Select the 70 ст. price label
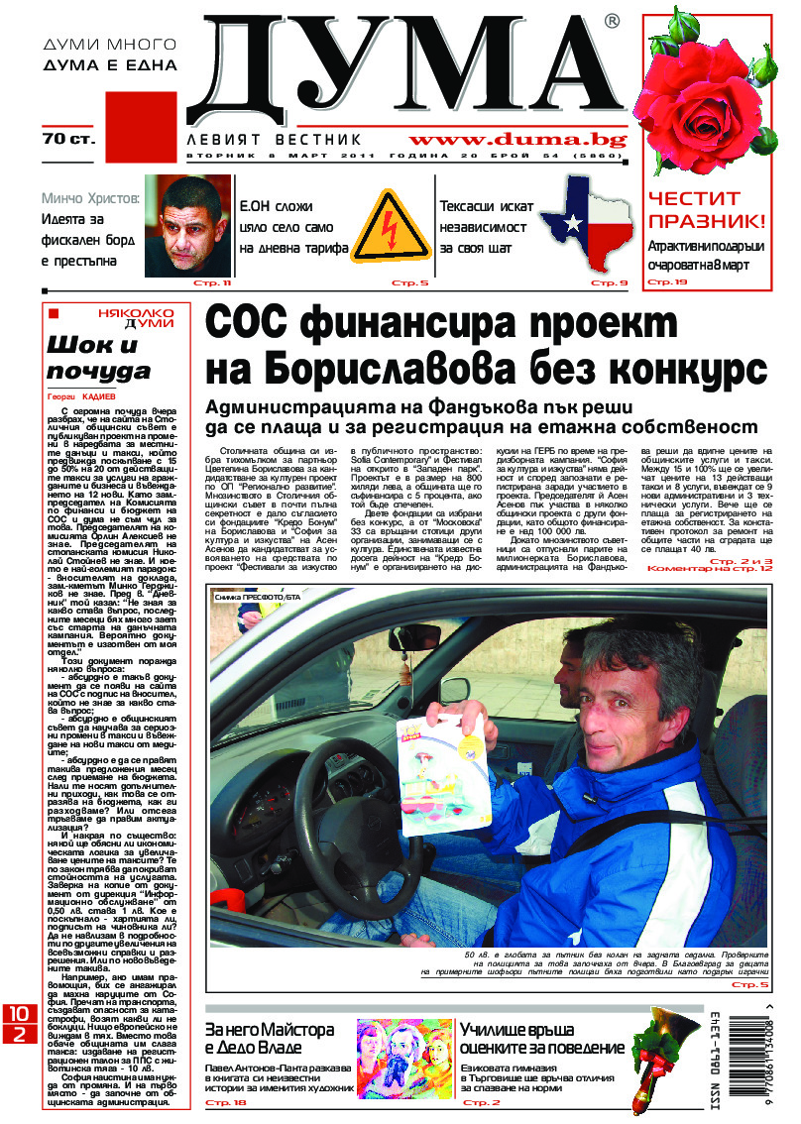pyautogui.click(x=68, y=138)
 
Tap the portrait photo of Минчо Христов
pyautogui.click(x=188, y=226)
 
